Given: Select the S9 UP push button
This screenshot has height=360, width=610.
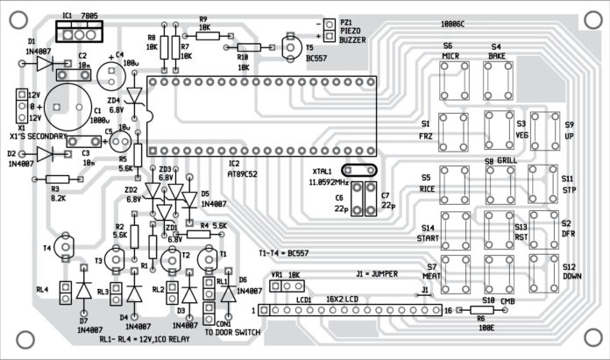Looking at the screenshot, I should point(544,129).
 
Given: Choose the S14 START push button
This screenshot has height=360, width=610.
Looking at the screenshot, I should point(454,229).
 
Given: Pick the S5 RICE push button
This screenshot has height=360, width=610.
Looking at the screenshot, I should point(454,183).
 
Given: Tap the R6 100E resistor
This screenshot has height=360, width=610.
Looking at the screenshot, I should point(481,310).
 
